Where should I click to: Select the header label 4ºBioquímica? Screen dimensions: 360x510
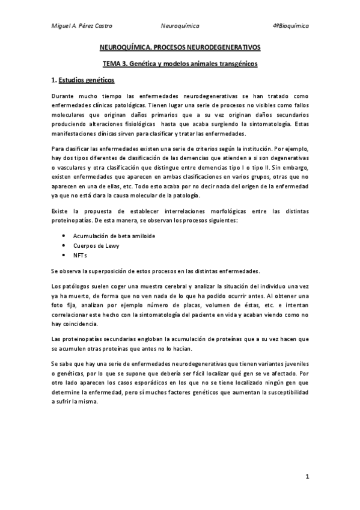(291, 26)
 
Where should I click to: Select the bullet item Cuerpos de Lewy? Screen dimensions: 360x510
(93, 246)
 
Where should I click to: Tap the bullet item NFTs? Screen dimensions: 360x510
(80, 256)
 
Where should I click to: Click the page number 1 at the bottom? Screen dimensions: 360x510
(307, 476)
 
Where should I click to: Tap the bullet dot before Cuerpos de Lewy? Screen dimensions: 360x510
(64, 246)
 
